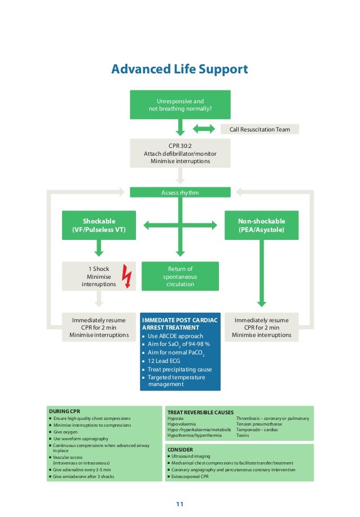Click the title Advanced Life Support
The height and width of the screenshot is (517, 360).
(x=179, y=69)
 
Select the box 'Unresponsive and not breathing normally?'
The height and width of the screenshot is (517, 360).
(x=180, y=105)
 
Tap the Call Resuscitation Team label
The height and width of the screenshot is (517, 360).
(x=260, y=129)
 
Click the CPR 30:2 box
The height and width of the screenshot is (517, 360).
(x=180, y=153)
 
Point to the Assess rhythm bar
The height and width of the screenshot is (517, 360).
(x=180, y=192)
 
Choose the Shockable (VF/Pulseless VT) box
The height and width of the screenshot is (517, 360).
(x=99, y=225)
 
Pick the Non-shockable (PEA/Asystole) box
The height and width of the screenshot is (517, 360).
(x=261, y=225)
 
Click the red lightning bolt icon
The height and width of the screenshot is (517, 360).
(x=127, y=277)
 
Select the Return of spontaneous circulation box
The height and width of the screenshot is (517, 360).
(x=180, y=277)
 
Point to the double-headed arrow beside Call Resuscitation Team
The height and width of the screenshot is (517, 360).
(x=203, y=129)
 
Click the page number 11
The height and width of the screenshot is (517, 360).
(x=179, y=503)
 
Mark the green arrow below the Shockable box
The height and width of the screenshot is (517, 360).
(x=99, y=247)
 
